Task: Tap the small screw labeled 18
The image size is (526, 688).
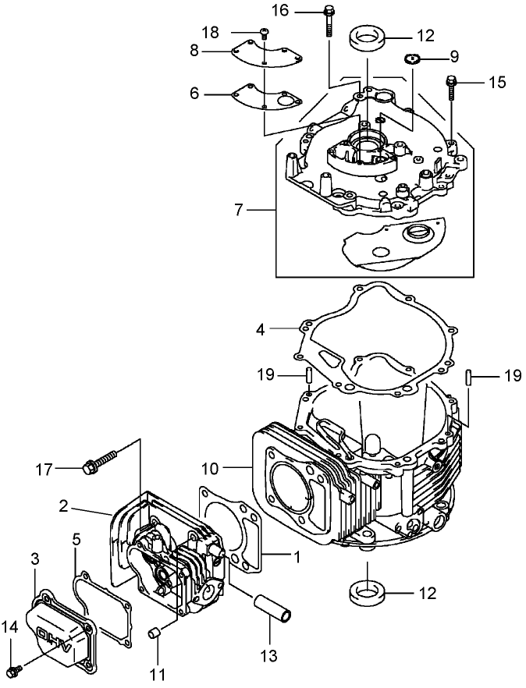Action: click(265, 33)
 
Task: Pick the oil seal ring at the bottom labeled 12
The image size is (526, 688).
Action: click(366, 593)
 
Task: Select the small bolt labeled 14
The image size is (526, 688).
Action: click(16, 668)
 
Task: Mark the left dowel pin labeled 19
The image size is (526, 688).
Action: click(309, 375)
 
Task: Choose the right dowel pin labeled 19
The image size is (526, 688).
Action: click(469, 377)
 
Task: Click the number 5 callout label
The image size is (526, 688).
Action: click(76, 537)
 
